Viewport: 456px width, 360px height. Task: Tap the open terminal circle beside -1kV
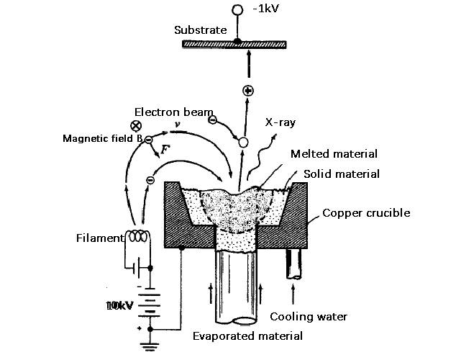coord(237,10)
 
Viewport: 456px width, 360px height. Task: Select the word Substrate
coord(200,30)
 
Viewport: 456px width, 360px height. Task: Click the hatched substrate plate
coord(236,44)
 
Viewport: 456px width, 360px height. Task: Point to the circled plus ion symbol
coord(248,91)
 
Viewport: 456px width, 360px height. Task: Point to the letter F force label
coord(165,150)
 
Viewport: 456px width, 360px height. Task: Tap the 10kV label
coord(119,306)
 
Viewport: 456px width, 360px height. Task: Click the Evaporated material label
coord(247,336)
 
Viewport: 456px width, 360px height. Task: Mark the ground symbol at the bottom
coord(150,349)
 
